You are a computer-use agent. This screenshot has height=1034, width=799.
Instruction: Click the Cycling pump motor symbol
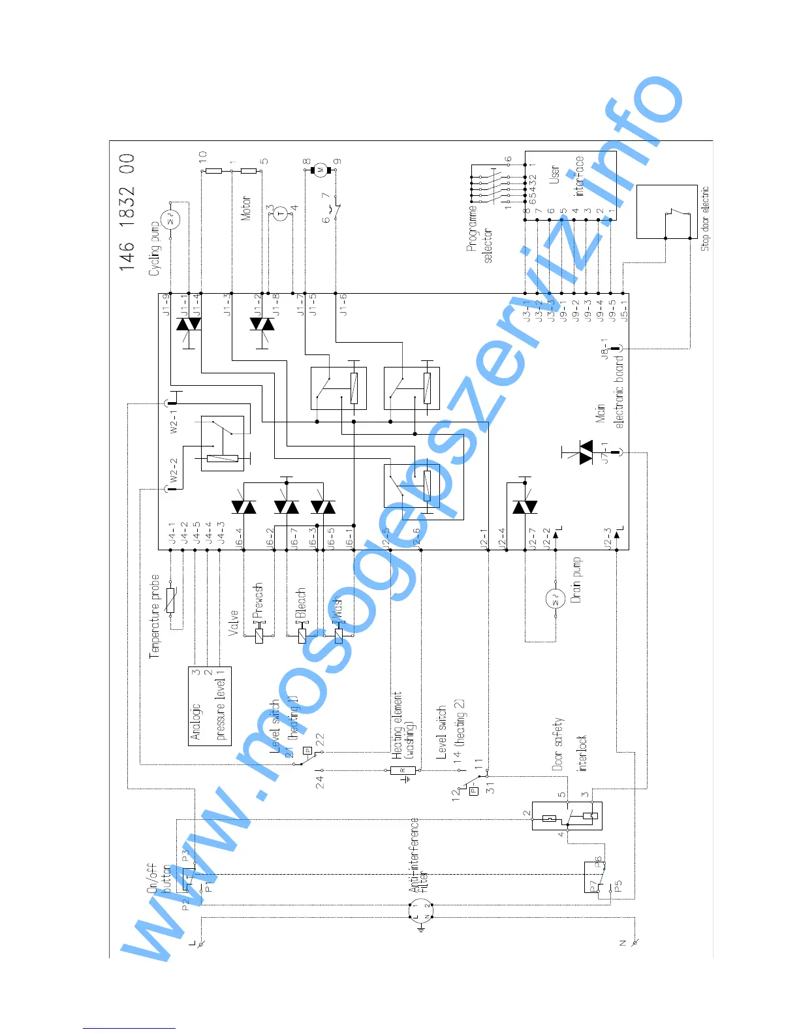[x=172, y=219]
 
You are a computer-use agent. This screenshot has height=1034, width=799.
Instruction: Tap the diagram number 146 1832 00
[x=127, y=212]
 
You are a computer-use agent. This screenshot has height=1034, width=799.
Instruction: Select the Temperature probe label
[x=155, y=616]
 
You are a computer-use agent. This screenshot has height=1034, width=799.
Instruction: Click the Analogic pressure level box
[x=210, y=706]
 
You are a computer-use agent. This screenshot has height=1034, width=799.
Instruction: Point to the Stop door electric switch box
[x=667, y=212]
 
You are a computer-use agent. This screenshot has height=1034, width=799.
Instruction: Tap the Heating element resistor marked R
[x=403, y=770]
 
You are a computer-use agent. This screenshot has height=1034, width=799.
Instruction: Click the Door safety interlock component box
[x=567, y=816]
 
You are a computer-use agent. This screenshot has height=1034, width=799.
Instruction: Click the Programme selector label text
[x=480, y=234]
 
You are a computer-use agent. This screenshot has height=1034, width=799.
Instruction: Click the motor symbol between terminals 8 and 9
[x=321, y=170]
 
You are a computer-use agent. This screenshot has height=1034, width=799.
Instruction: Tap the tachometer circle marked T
[x=281, y=213]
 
